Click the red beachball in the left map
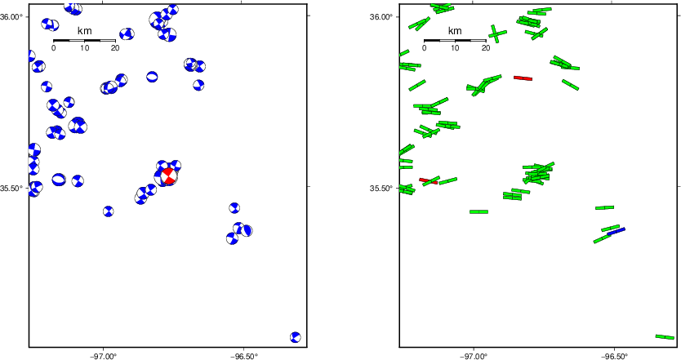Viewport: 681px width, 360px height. click(168, 176)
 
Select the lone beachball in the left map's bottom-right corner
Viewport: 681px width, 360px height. click(296, 337)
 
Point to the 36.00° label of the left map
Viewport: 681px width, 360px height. click(11, 16)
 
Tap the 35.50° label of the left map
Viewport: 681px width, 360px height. click(11, 188)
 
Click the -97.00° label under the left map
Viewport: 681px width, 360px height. click(103, 356)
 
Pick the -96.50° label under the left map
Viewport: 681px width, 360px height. click(243, 356)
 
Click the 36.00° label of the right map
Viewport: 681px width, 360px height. click(381, 16)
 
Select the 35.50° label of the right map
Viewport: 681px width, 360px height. click(381, 188)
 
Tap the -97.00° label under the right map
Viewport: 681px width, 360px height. click(474, 356)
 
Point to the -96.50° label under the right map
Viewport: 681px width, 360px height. click(614, 356)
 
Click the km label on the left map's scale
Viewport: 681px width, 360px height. click(84, 31)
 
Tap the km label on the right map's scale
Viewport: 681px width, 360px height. click(455, 31)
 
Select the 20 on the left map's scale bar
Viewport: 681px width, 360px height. click(115, 48)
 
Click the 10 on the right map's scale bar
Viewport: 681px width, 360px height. click(455, 48)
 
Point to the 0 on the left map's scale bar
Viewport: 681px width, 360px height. click(53, 48)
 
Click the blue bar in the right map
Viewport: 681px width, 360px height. click(616, 232)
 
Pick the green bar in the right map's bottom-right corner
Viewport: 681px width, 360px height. click(665, 336)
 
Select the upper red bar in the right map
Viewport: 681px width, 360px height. click(523, 78)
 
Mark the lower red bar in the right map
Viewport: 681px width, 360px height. click(428, 180)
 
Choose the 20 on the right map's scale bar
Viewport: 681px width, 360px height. click(486, 48)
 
